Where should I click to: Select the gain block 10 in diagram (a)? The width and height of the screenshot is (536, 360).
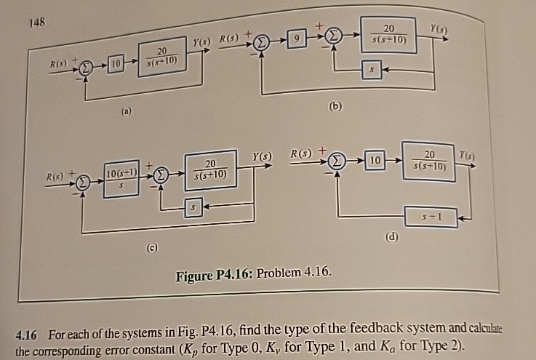click(x=114, y=68)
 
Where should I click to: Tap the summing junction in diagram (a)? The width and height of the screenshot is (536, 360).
click(x=87, y=68)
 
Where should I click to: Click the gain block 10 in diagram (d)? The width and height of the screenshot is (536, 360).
click(x=375, y=159)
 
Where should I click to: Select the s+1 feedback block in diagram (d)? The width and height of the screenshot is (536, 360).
click(x=431, y=217)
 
